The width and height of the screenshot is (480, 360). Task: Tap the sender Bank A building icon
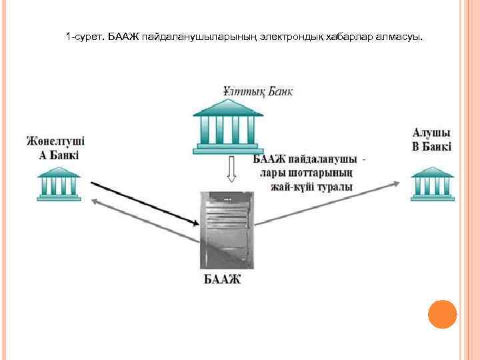coord(59,183)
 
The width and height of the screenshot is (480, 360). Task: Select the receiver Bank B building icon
coord(432,182)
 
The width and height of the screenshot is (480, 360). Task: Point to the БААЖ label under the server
coord(222,278)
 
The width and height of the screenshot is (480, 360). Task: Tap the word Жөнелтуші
coord(56,142)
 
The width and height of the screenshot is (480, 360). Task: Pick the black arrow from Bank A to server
coord(143,203)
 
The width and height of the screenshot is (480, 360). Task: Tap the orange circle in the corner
coord(441,314)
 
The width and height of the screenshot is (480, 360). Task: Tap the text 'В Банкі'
coord(431,146)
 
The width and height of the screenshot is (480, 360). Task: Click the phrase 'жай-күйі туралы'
coord(311,187)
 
